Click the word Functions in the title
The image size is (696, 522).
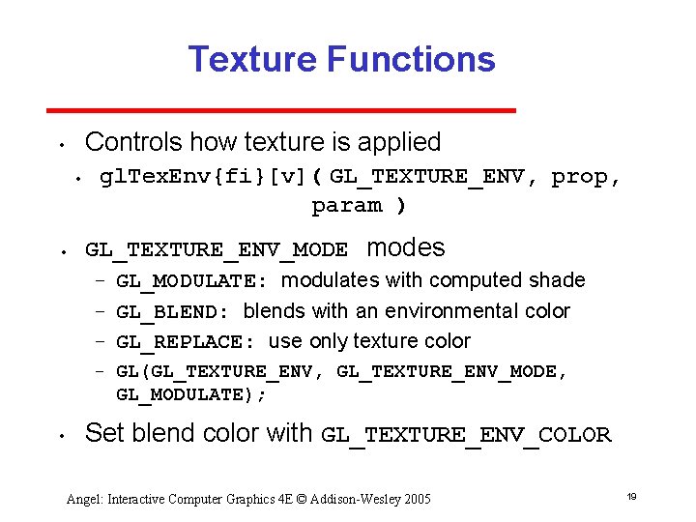411,60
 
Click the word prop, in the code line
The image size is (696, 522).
586,177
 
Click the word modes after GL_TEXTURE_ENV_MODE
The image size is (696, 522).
406,248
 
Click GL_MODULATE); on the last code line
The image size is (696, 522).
190,394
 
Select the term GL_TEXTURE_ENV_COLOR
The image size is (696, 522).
466,435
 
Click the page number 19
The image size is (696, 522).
631,496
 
